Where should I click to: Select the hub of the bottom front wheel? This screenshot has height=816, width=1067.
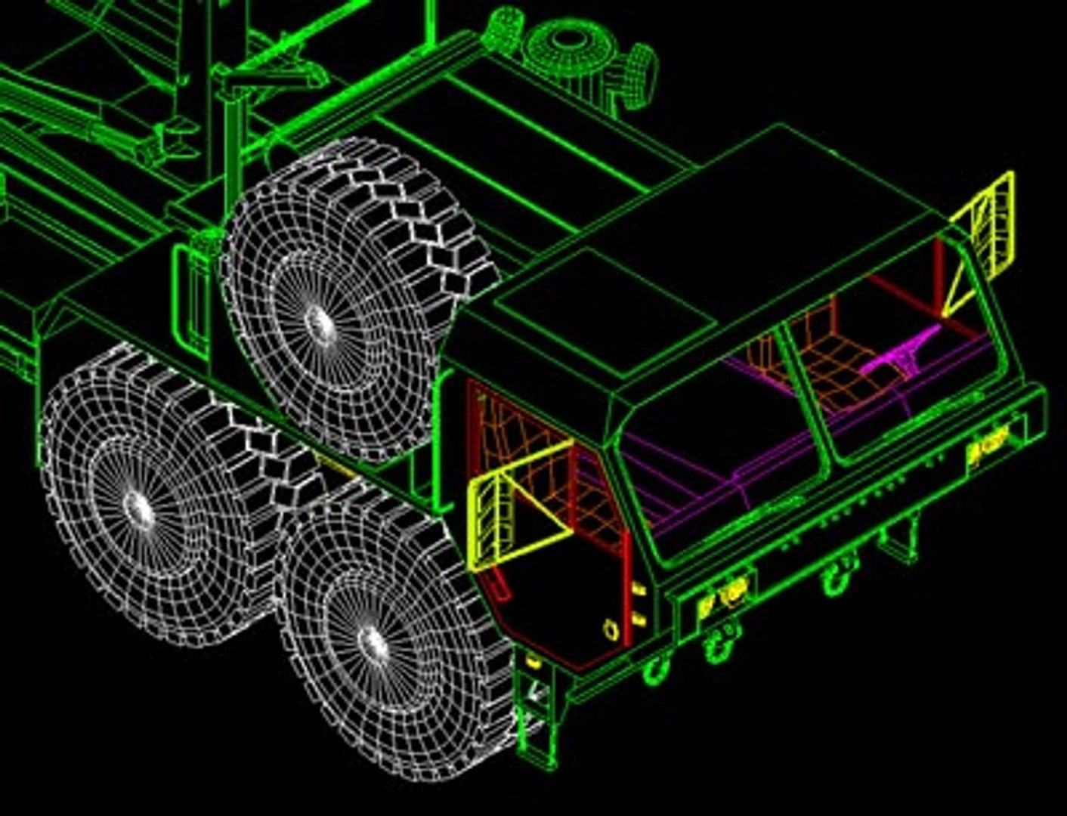point(372,642)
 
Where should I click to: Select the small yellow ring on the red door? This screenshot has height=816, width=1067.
point(611,629)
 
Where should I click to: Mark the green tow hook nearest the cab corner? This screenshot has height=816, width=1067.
point(655,669)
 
